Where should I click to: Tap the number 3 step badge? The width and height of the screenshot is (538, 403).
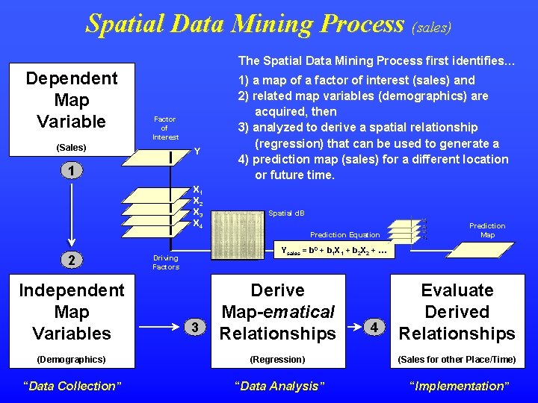point(194,327)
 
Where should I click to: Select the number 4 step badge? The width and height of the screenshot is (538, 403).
point(377,327)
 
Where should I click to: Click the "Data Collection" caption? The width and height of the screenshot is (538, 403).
point(72,386)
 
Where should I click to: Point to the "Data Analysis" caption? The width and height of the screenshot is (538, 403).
point(279,386)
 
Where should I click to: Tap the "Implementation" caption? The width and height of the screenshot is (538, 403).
point(457,386)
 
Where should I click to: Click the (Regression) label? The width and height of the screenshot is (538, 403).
point(277,360)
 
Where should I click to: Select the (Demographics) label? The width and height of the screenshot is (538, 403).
point(72,360)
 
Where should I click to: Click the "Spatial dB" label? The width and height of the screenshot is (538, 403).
point(286,213)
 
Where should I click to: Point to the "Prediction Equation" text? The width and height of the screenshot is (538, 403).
point(344,235)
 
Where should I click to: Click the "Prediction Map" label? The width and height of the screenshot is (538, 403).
point(487,230)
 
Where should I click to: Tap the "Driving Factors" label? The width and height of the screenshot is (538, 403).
point(166,263)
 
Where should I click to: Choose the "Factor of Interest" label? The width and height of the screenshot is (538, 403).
point(165,128)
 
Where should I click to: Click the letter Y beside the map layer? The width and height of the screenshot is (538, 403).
point(197,151)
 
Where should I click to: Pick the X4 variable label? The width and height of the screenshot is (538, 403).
point(197,223)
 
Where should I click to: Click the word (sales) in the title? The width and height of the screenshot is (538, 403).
point(432,27)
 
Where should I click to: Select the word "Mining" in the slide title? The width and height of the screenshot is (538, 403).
point(255,24)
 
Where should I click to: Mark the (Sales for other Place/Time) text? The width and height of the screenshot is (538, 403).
point(457,360)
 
